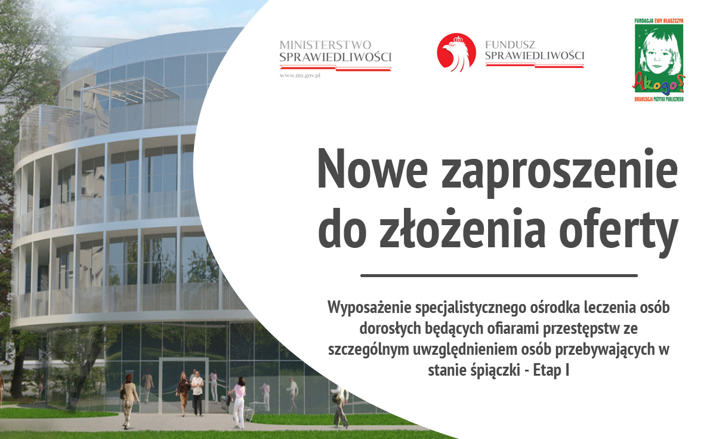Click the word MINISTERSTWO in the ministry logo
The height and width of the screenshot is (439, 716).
tap(325, 45)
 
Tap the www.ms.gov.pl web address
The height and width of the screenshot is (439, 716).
tap(300, 76)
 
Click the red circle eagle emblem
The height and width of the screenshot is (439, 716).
tap(456, 52)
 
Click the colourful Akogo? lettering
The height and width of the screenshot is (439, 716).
tap(659, 82)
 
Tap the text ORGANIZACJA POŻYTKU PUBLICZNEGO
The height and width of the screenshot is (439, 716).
tap(659, 99)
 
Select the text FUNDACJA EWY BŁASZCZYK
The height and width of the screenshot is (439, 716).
tap(659, 21)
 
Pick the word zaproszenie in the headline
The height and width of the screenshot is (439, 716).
tap(560, 173)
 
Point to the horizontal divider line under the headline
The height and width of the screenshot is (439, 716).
tap(499, 275)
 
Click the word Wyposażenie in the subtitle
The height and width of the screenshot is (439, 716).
tap(369, 308)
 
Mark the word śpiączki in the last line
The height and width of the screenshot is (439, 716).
tap(495, 370)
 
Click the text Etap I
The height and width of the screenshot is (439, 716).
tap(551, 370)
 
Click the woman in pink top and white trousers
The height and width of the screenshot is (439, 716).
tap(238, 403)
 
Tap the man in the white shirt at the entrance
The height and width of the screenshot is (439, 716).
tap(197, 394)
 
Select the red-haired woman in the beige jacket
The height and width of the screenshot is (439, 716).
tap(128, 401)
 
